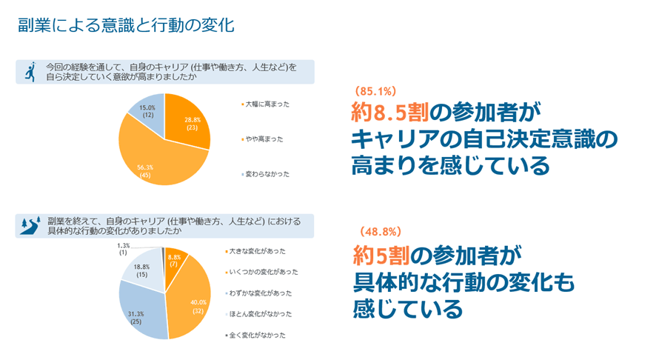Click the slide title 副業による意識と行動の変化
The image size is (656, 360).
coord(126,25)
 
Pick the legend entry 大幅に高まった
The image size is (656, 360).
coord(267,104)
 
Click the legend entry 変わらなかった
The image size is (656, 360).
coord(267,174)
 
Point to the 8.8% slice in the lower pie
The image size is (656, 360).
coord(175,261)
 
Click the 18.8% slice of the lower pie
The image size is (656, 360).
coord(143,271)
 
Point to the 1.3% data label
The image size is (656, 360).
coord(124,249)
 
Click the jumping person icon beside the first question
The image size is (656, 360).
coord(28,71)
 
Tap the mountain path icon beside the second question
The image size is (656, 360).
coord(29,225)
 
